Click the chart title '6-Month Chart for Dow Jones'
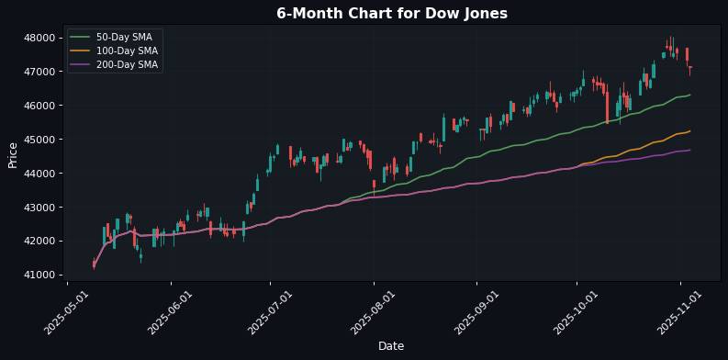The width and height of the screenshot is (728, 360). coord(392,14)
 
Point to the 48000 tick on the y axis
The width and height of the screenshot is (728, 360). coord(45,38)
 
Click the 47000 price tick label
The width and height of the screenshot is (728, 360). coord(45,72)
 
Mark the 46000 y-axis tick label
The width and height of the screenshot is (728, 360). coord(45,106)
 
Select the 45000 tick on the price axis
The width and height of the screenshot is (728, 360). coord(45,140)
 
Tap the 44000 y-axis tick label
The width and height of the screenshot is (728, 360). coord(45,174)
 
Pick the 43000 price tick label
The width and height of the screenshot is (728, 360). coord(45,208)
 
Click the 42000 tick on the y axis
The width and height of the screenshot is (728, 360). coord(45,242)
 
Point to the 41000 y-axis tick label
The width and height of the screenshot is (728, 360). coord(45,276)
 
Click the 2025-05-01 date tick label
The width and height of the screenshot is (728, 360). coord(66,312)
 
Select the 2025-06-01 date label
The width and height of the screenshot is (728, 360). coord(170,312)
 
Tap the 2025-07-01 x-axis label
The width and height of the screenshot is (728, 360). coord(270,312)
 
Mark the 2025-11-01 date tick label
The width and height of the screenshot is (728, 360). coord(680,312)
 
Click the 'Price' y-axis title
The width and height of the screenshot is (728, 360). coord(13,154)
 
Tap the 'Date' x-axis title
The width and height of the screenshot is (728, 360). coord(391,346)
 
